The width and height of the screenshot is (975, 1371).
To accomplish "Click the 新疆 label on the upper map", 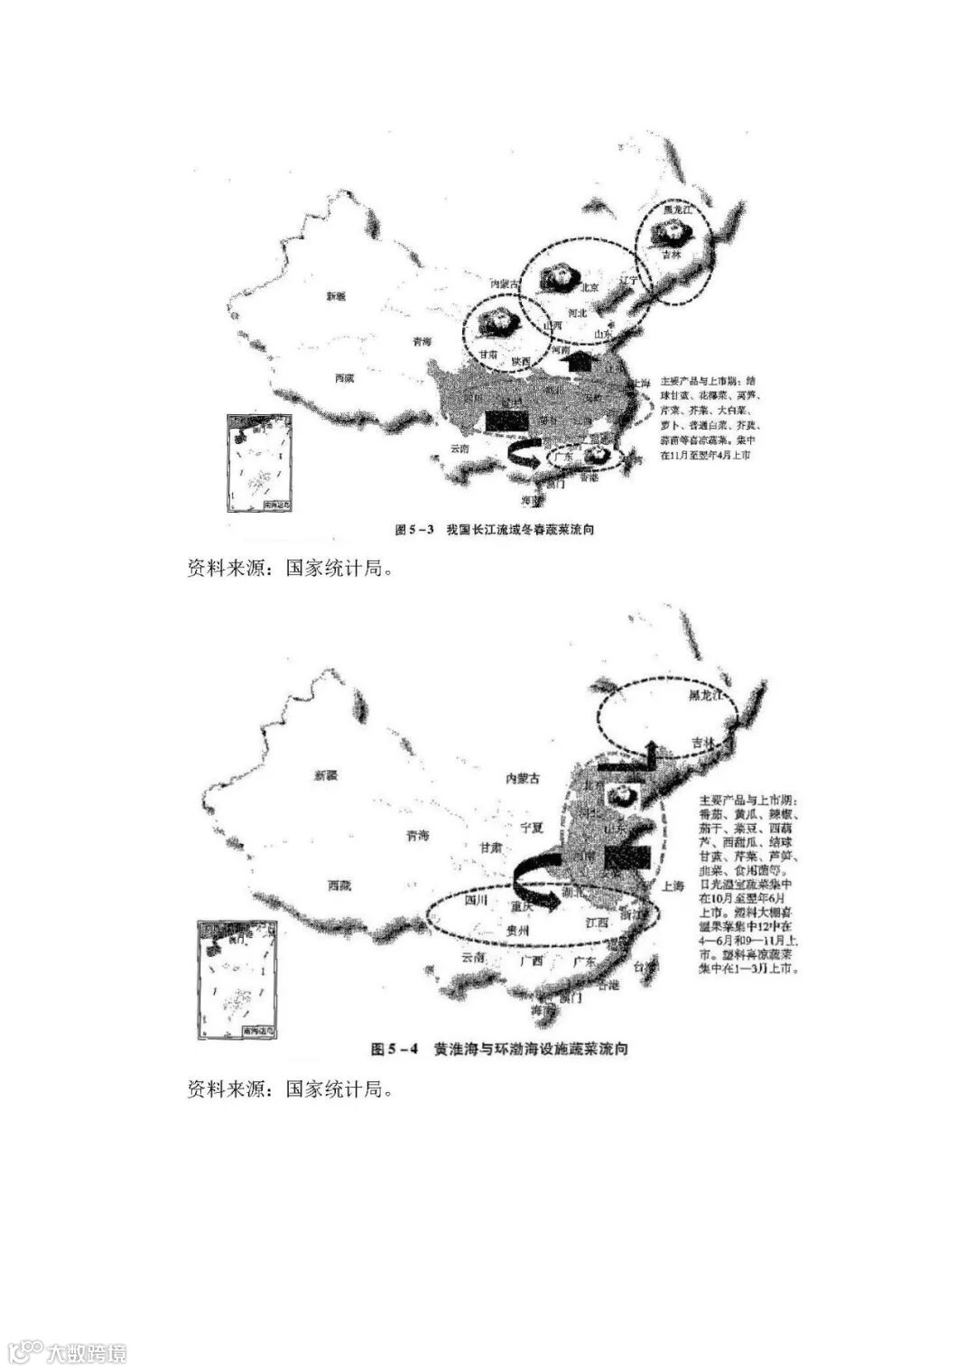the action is click(336, 296).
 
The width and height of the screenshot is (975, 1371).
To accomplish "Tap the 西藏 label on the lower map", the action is click(339, 885).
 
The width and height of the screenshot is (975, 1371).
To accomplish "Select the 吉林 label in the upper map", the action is click(672, 255).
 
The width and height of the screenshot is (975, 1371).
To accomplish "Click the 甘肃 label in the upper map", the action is click(491, 355).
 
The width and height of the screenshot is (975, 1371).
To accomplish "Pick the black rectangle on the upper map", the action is click(507, 420).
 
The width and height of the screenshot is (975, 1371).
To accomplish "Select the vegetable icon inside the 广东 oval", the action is click(595, 456).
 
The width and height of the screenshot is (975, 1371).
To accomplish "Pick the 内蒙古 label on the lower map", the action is click(522, 778).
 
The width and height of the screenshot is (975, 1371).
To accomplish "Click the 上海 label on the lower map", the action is click(673, 886).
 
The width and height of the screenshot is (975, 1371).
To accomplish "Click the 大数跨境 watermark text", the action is click(87, 1352).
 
